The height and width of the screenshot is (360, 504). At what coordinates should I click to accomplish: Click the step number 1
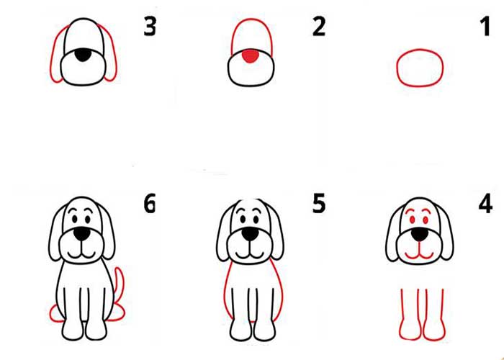coord(486,27)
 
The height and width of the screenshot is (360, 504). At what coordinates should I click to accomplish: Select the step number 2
coord(319,27)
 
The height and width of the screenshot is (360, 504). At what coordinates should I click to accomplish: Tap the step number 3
coord(150,27)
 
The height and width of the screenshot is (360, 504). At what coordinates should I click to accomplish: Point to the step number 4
coord(485,204)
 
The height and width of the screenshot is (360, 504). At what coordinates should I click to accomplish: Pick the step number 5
coord(319,204)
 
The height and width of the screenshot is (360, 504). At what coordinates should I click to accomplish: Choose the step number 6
coord(150,204)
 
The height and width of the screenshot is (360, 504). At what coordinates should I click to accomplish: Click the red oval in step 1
coord(420,50)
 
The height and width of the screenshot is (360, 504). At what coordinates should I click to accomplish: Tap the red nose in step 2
coord(251,56)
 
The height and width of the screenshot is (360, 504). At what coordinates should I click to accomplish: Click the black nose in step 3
coord(83,55)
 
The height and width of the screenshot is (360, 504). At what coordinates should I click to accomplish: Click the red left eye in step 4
coord(412,220)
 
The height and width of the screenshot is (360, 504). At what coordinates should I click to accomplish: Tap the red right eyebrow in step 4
coord(426,210)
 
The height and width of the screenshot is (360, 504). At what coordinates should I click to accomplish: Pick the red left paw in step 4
coord(410,329)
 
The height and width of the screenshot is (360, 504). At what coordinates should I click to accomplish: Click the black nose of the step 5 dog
coord(250,234)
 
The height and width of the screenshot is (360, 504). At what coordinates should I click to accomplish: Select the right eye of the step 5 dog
coord(256,220)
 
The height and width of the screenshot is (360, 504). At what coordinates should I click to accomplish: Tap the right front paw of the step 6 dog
coord(96,330)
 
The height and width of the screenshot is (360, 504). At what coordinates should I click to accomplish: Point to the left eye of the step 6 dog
coord(75,220)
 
